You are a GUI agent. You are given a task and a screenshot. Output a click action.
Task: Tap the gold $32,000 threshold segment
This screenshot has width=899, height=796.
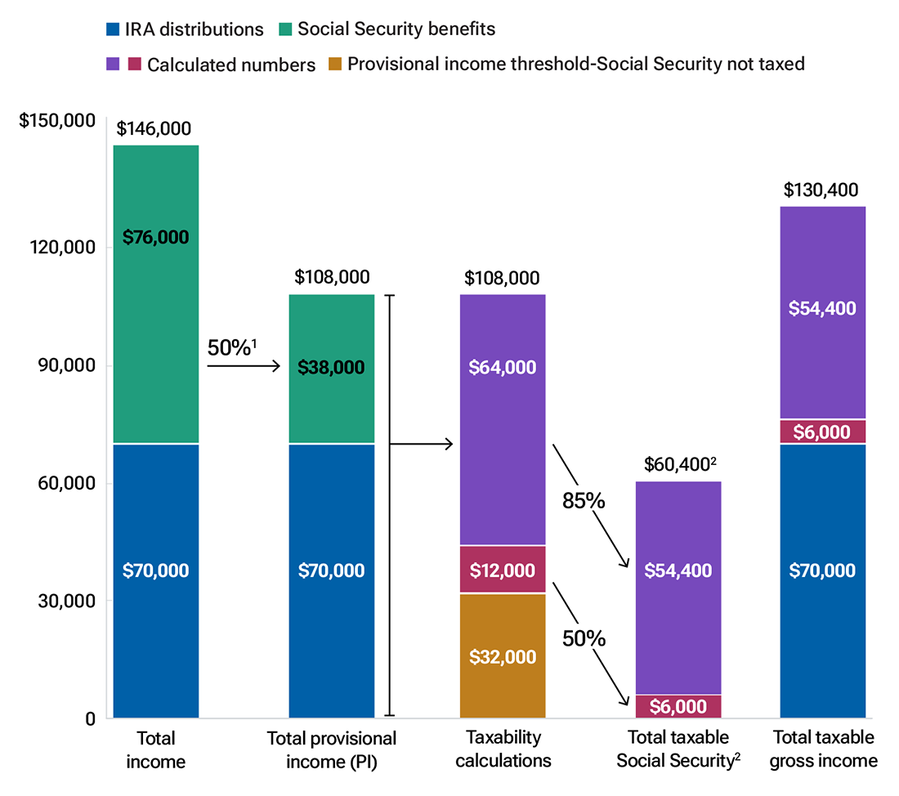[x=503, y=656]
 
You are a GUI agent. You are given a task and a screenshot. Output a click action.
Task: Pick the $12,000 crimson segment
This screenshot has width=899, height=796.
[x=503, y=570]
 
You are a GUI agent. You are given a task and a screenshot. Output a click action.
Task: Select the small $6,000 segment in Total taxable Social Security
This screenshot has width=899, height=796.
[x=678, y=707]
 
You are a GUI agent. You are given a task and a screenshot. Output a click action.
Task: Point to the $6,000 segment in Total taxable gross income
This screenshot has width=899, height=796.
[x=823, y=432]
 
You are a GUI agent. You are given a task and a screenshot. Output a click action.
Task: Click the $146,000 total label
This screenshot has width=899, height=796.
[x=154, y=128]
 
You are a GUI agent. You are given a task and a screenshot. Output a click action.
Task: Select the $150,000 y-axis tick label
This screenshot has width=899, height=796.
[x=56, y=121]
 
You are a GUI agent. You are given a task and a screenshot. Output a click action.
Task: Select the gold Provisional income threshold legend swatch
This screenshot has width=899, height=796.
[x=333, y=64]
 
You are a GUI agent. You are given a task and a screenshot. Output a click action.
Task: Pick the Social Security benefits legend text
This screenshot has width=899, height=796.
[x=396, y=29]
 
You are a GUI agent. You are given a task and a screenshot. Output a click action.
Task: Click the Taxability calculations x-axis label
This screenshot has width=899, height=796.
[x=503, y=749]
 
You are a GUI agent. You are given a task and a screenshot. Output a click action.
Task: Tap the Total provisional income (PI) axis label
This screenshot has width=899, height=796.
[x=332, y=749]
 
